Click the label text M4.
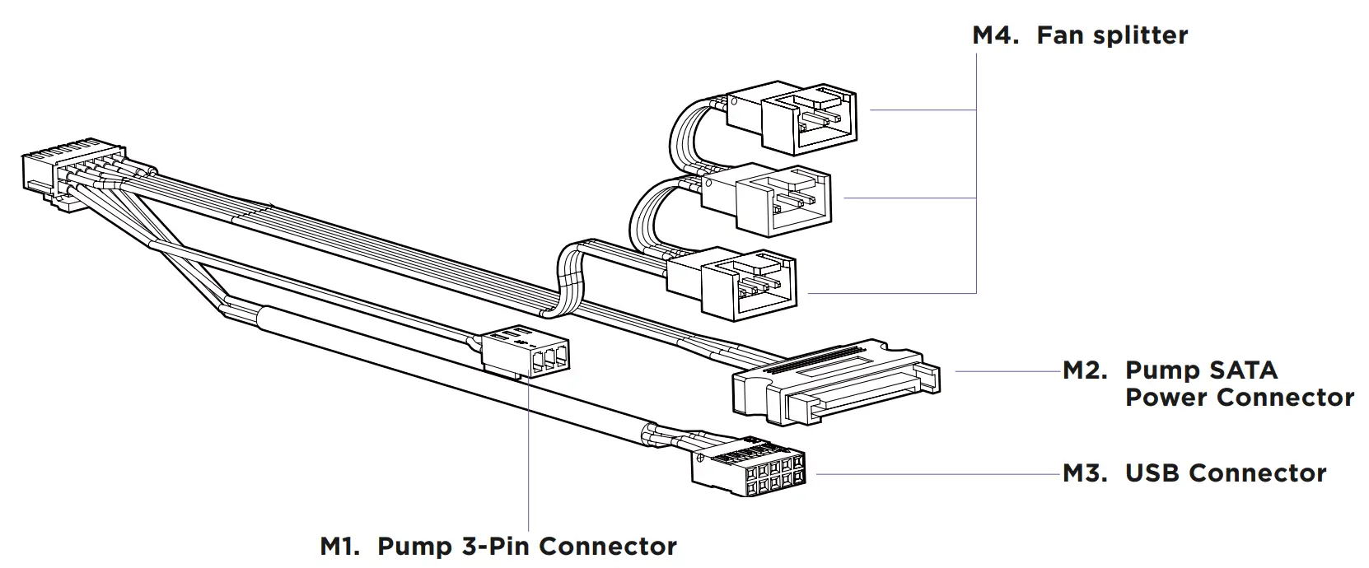[998, 35]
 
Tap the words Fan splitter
[1111, 35]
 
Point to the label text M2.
[1085, 370]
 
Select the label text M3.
[1085, 473]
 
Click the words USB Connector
[1225, 473]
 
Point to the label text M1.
[339, 546]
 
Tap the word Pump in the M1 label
[411, 546]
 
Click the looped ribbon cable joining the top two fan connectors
[684, 136]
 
